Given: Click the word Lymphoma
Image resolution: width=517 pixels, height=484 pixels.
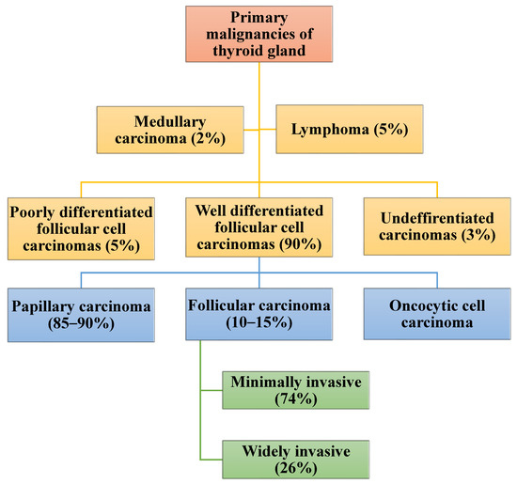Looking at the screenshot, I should point(324,130).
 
